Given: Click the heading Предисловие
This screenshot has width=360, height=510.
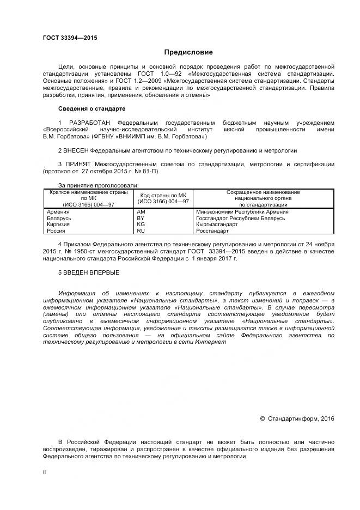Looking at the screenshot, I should (188, 52).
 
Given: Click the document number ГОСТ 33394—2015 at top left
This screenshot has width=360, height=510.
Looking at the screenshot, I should (70, 38).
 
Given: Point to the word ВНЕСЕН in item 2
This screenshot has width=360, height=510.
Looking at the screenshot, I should (76, 150).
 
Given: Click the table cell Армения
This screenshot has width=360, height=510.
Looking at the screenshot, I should (58, 211).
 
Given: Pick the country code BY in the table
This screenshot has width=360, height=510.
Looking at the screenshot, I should (141, 218).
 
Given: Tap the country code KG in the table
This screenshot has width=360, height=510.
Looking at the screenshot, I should (141, 224).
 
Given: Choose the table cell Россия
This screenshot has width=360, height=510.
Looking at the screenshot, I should (57, 231).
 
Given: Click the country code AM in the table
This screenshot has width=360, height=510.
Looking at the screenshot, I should (141, 211).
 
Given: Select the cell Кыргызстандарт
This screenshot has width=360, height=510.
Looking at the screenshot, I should (217, 224).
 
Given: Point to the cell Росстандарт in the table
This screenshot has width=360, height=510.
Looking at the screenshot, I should (212, 231).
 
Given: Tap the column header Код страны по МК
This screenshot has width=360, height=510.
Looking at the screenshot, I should (163, 195).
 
